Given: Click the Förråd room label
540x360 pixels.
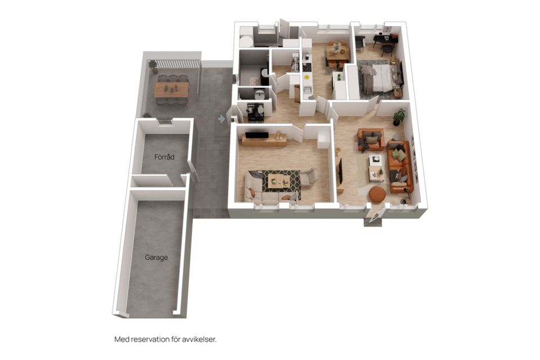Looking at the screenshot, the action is pos(164,157).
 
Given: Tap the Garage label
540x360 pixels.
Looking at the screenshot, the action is pos(156,257).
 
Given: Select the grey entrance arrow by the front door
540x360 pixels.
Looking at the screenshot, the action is pos(222,119).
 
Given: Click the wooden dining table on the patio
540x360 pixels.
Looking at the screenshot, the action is pos(171,89).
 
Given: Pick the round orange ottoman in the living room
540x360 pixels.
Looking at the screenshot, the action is pos(377,194).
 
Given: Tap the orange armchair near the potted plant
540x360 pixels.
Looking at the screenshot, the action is pos(371,139).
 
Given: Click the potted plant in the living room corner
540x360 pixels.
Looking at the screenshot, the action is pos(399,117).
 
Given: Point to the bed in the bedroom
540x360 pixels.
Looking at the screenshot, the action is pos(380,79).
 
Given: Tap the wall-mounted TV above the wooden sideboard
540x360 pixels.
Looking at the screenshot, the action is pos(256,134).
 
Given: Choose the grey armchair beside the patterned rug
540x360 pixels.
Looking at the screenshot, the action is pos(309,177).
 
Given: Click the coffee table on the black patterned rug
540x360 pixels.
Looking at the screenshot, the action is pos(279,181).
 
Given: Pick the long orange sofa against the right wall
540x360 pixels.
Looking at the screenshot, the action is pos(399,166).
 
